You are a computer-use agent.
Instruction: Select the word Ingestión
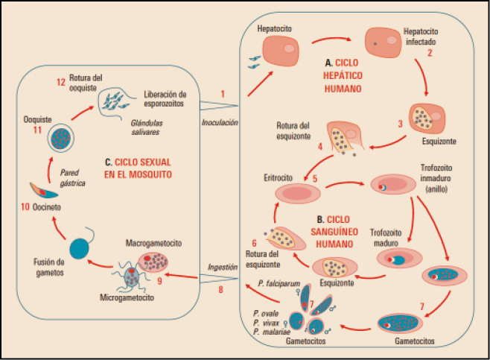click(223, 266)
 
